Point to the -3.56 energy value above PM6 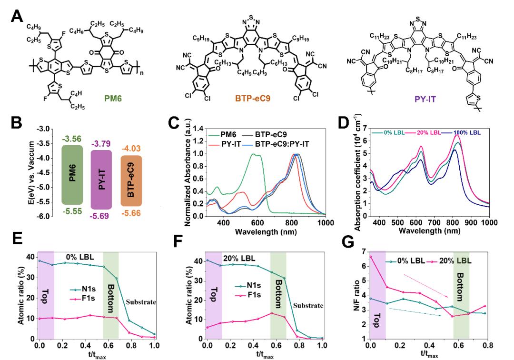point(72,139)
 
